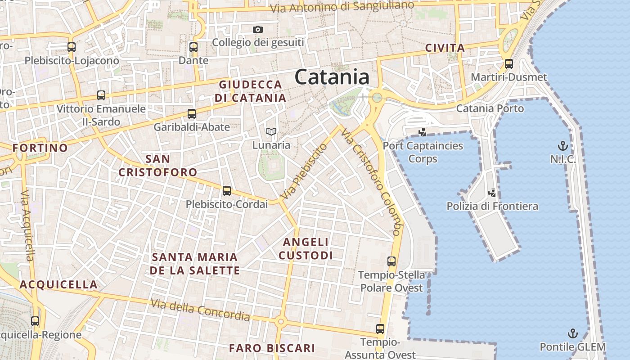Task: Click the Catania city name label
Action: pos(332,77)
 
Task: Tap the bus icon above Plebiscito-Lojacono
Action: pos(72,47)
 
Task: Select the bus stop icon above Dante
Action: pos(193,47)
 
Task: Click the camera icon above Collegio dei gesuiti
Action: pos(258,30)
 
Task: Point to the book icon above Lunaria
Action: pos(270,132)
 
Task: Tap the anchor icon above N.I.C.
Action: pos(562,146)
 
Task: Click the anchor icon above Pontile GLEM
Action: pos(572,333)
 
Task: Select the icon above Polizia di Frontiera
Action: pos(492,193)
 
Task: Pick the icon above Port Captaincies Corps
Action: pos(422,132)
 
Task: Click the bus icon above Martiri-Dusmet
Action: pos(509,64)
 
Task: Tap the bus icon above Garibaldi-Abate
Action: pos(192,114)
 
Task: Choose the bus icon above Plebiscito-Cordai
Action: pos(227,191)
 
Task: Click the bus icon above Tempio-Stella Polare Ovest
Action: pos(391,261)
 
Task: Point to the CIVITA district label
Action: pos(445,48)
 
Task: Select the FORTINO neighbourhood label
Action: pos(40,148)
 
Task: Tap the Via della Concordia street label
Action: pos(200,310)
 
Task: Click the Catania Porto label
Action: pos(490,108)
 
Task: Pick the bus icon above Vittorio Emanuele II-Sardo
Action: pos(101,95)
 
